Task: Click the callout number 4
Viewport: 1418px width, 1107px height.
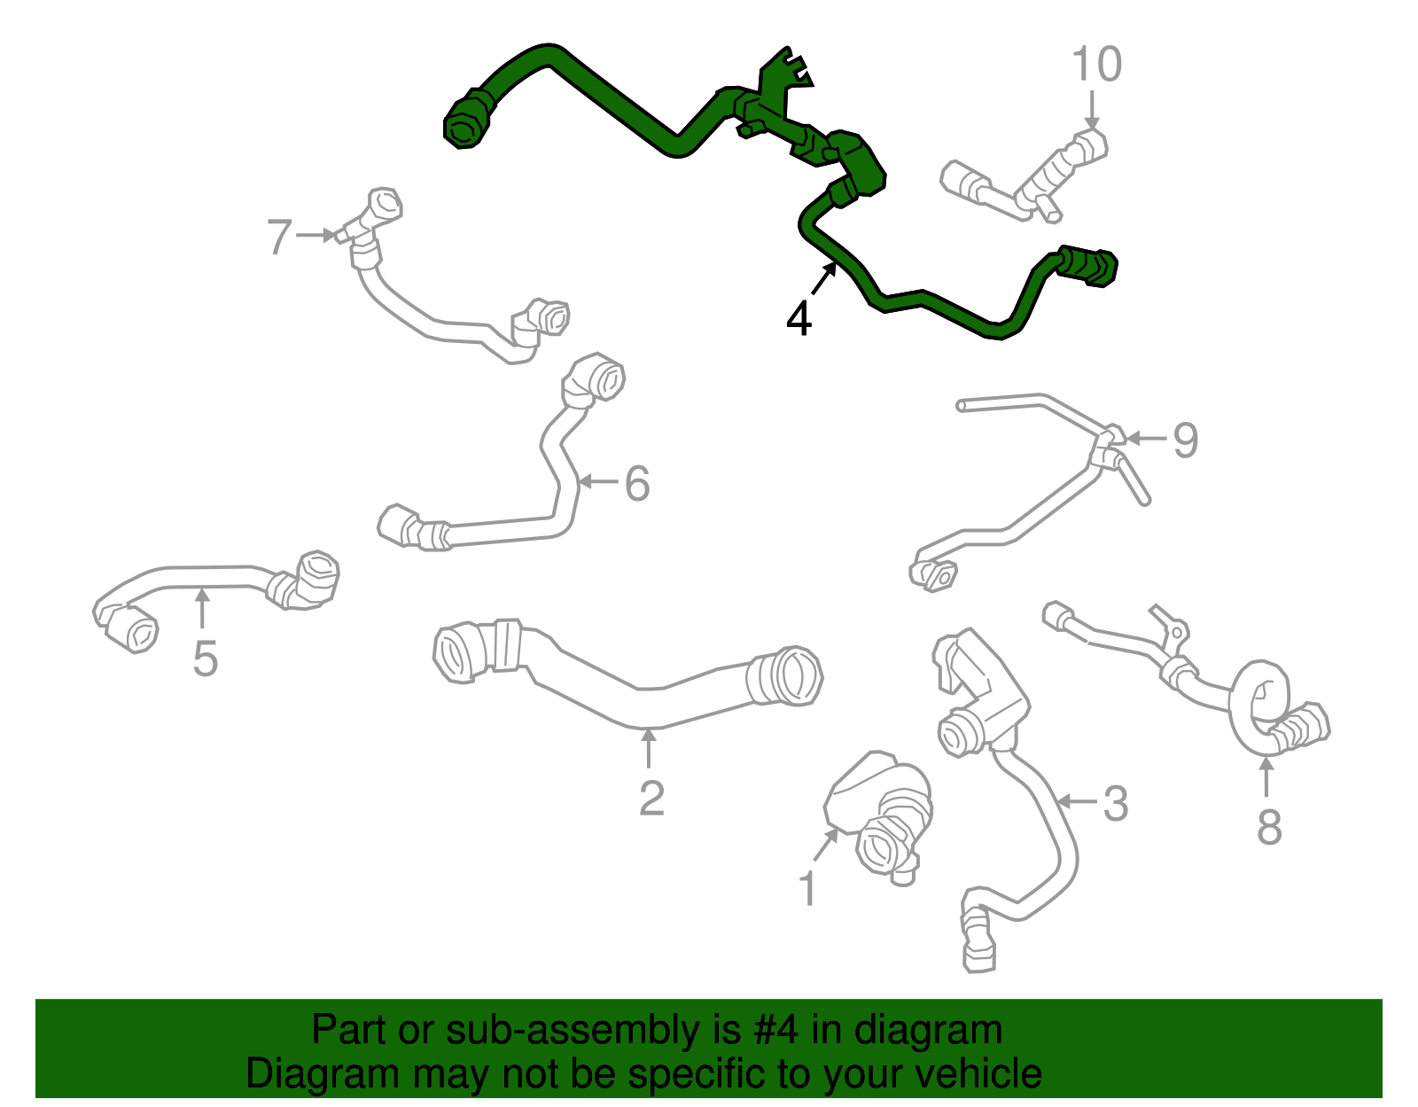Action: point(799,319)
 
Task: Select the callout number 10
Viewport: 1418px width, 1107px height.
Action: point(1096,64)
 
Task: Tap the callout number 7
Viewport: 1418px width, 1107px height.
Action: point(279,236)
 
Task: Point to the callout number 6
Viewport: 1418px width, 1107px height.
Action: point(637,483)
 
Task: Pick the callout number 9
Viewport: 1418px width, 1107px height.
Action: point(1186,440)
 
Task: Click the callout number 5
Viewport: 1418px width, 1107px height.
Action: point(205,659)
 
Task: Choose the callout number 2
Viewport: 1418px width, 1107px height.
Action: point(651,797)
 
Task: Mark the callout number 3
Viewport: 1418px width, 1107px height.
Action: point(1115,803)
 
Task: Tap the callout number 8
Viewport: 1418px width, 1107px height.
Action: point(1269,827)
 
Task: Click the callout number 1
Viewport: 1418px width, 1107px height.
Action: point(808,888)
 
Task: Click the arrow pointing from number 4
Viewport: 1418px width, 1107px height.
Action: point(824,278)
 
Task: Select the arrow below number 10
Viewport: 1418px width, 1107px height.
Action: point(1093,110)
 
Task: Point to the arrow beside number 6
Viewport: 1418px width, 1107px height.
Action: point(597,482)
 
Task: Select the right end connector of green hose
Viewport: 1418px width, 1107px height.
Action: point(1087,266)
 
